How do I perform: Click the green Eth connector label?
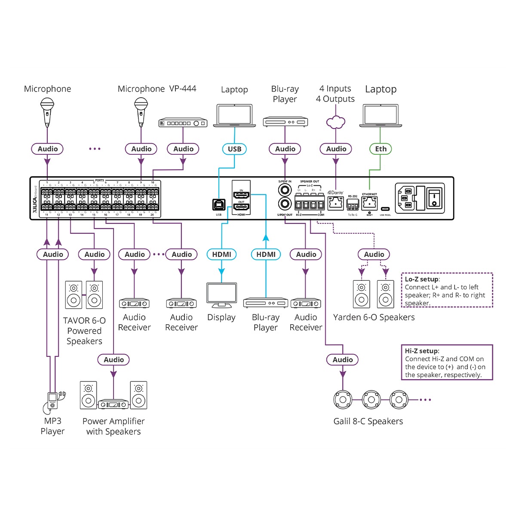tap(381, 149)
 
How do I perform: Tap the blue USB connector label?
tap(234, 149)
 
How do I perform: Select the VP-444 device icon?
tap(183, 123)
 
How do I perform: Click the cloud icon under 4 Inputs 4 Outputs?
tap(336, 122)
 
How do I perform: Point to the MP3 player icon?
tap(52, 400)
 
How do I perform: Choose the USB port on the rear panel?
tap(218, 205)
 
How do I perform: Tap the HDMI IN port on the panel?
tap(241, 195)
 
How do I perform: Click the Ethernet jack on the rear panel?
tap(369, 203)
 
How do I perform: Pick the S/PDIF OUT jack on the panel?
tap(285, 204)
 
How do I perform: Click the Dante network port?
tap(335, 203)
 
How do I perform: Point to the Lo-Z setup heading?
tap(422, 279)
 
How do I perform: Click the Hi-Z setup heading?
tap(422, 351)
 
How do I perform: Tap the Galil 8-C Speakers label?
tap(368, 421)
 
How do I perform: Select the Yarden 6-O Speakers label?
tap(374, 317)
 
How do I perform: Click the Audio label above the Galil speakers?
tap(343, 359)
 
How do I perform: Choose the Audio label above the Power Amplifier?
tap(114, 359)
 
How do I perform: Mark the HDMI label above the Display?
tap(221, 254)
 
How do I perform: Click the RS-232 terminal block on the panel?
tap(353, 204)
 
